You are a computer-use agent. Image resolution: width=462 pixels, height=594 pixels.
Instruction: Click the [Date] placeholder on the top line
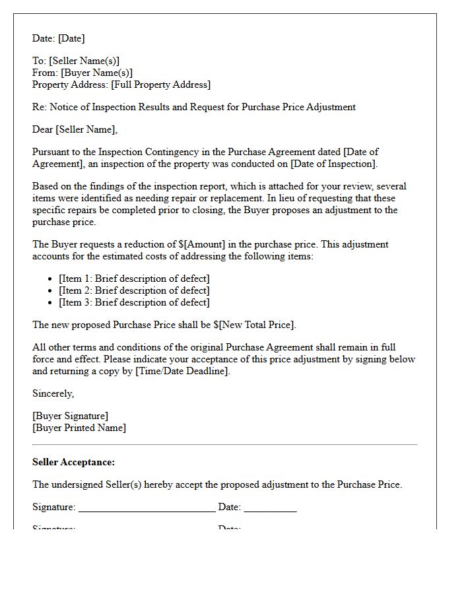point(71,39)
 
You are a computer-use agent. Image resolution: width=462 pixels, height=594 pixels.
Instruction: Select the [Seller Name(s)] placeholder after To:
point(84,61)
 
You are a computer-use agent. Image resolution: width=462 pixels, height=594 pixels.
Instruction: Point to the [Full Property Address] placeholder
point(161,85)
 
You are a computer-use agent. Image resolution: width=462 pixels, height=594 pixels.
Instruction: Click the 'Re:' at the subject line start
point(40,107)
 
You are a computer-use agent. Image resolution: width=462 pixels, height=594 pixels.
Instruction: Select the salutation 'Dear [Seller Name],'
point(75,129)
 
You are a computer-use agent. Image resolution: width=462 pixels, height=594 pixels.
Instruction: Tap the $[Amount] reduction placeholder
point(201,244)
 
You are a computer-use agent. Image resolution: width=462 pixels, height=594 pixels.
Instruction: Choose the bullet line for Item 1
point(134,279)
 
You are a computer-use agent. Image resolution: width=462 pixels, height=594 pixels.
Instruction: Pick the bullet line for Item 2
point(134,290)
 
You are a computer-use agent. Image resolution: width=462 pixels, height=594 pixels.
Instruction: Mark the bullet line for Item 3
point(134,302)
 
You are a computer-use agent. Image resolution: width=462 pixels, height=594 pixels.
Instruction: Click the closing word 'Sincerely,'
point(53,393)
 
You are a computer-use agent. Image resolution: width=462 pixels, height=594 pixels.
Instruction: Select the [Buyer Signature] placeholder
point(70,416)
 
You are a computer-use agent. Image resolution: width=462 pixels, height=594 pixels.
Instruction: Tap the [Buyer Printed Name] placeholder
point(79,428)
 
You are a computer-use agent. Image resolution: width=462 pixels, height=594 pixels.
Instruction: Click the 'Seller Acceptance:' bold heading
point(73,463)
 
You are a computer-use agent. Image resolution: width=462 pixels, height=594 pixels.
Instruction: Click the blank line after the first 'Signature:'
point(147,508)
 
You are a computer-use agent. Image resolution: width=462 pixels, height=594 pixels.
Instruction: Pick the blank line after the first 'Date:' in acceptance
point(270,508)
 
